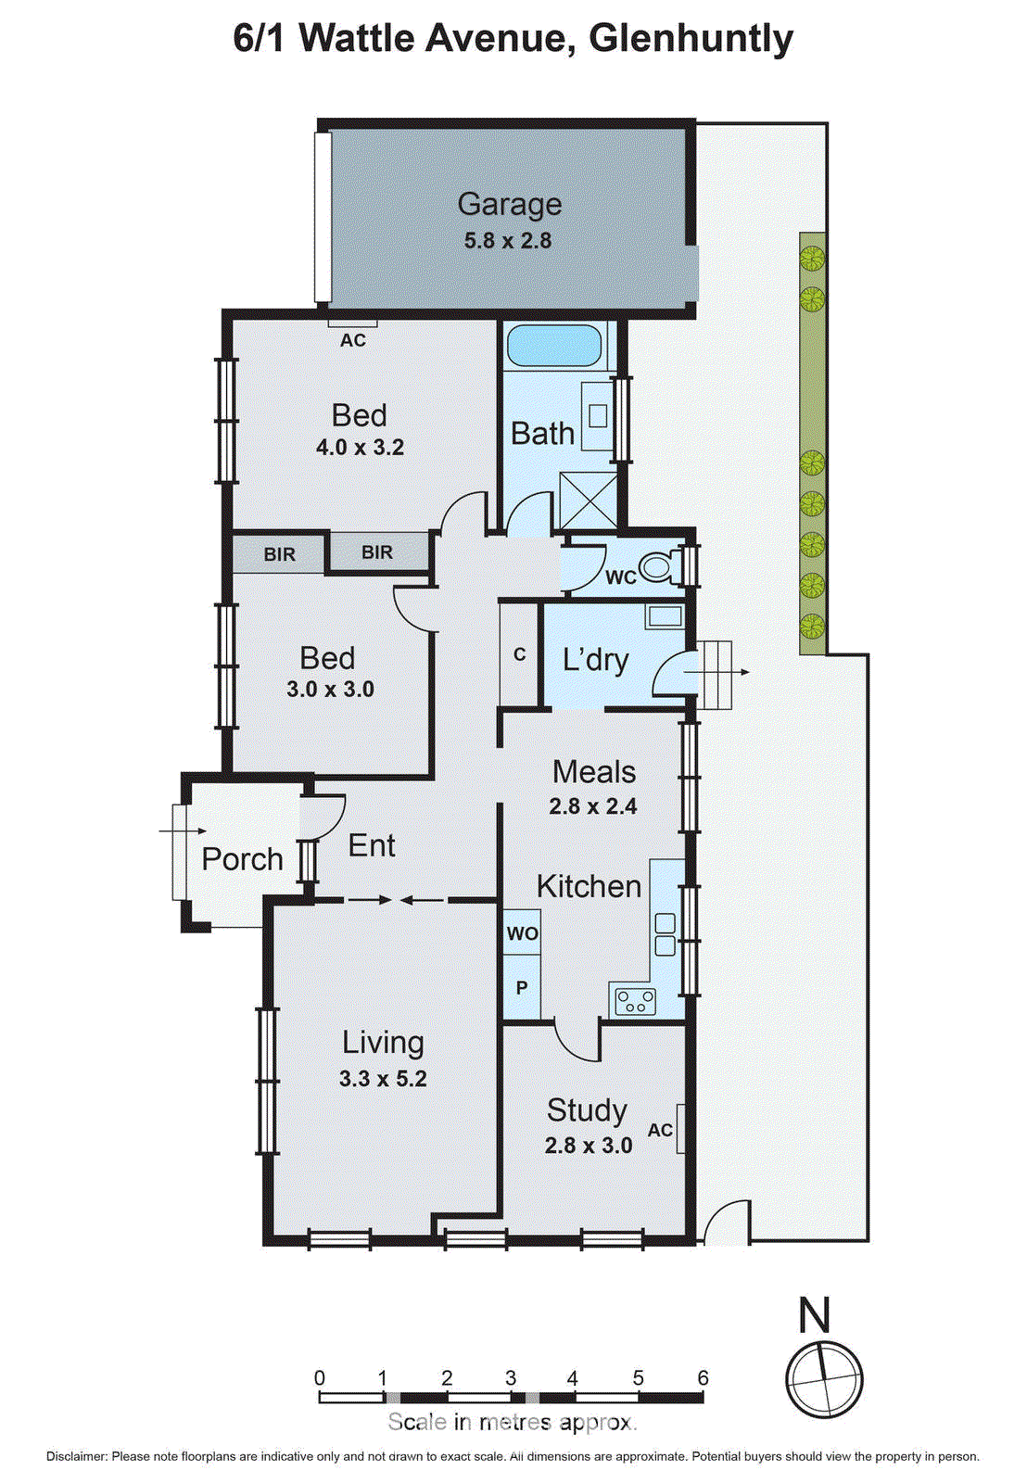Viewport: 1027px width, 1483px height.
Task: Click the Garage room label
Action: point(509,204)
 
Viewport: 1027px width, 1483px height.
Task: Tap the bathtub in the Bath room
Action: point(554,346)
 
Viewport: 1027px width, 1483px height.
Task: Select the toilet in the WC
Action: point(660,566)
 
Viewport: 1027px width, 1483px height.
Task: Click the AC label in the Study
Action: point(660,1130)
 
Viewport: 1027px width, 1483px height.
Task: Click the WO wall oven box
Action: point(522,933)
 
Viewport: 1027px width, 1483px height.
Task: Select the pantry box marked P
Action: point(522,988)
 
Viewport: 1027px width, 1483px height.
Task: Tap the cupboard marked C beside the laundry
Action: point(519,654)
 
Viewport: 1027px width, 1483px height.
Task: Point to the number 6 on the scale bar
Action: point(703,1378)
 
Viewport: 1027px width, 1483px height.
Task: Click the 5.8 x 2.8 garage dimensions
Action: point(508,241)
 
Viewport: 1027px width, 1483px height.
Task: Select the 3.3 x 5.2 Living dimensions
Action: point(383,1079)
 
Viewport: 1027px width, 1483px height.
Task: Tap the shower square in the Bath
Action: point(589,501)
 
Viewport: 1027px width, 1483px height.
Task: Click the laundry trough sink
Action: point(664,615)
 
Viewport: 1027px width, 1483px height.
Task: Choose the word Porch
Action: point(242,859)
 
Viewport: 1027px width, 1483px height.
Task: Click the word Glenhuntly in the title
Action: point(691,39)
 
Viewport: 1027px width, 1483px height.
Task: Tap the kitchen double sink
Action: point(665,934)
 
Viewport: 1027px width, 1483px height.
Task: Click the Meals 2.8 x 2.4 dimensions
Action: point(592,806)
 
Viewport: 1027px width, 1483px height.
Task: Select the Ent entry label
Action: point(372,845)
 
